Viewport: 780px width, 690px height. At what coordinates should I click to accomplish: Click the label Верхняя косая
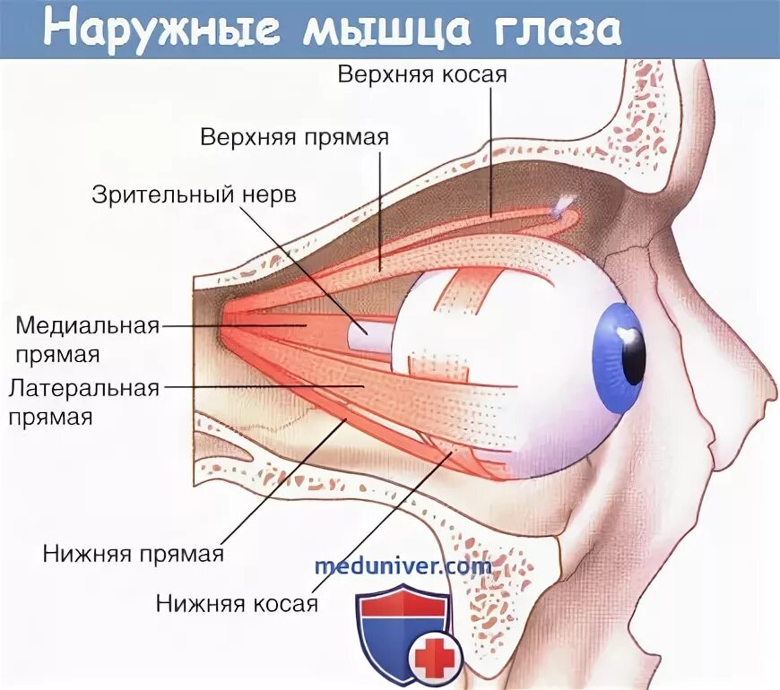[x=422, y=74]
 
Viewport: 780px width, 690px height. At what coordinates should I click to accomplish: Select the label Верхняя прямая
[x=294, y=138]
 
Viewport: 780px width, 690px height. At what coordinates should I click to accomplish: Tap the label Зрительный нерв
[x=194, y=194]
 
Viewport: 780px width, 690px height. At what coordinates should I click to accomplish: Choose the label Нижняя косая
[x=237, y=602]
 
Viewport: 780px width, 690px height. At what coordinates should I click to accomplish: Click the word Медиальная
[x=87, y=324]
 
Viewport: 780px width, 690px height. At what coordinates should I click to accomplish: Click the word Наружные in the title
[x=152, y=30]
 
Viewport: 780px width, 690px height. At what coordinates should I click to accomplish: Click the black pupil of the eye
[x=635, y=358]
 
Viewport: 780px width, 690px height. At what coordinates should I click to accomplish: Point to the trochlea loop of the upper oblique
[x=563, y=209]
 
